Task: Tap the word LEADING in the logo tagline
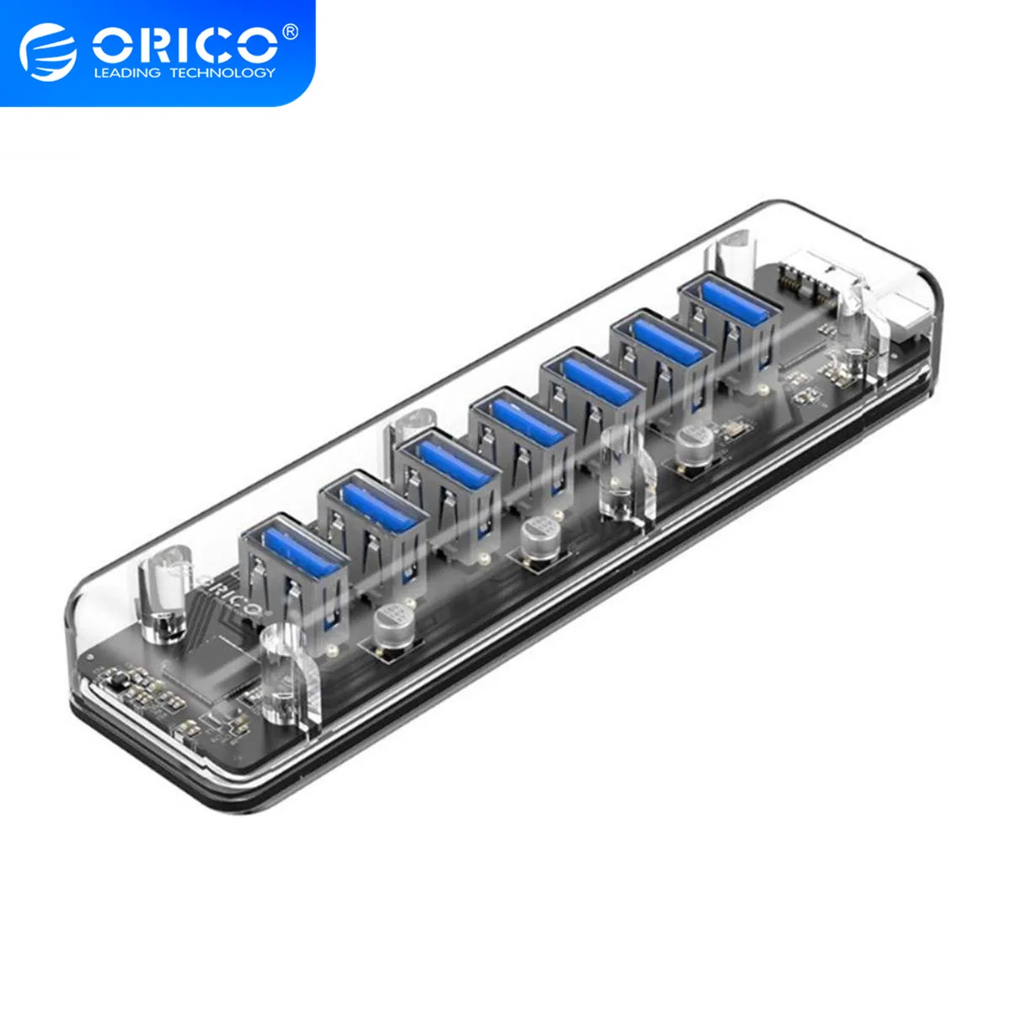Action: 126,73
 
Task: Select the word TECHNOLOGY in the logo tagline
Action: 222,73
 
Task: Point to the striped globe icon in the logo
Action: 48,52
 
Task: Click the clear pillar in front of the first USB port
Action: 283,674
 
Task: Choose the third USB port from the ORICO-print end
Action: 447,468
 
